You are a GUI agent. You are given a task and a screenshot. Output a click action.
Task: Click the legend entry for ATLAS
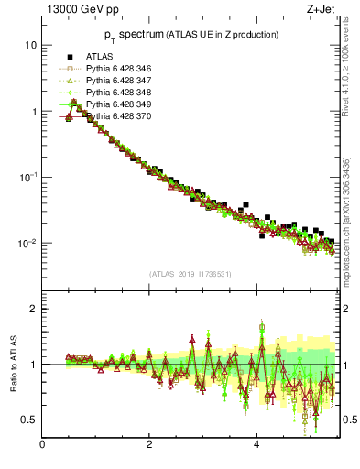(x=102, y=57)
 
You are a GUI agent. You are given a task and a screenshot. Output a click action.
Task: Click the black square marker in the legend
(x=69, y=57)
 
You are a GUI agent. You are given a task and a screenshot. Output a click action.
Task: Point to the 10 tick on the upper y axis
(x=31, y=46)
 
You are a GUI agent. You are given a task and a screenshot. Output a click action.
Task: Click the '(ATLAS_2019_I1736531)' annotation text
(x=191, y=274)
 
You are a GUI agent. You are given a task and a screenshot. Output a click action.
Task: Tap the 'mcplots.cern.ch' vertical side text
(x=352, y=229)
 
